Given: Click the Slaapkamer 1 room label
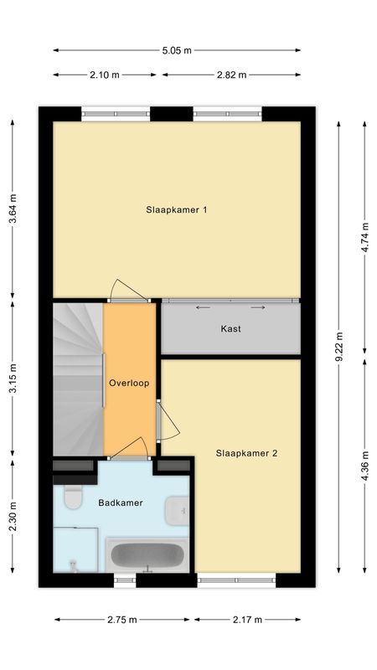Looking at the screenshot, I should click(x=176, y=210).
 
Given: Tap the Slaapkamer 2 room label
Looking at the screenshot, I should click(x=246, y=453).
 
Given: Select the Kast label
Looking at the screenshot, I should click(x=230, y=329).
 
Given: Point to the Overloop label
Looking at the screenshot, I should click(x=129, y=384).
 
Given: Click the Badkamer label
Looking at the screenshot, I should click(x=120, y=503).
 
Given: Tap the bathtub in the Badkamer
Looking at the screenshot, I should click(x=147, y=554).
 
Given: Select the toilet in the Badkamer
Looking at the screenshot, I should click(x=72, y=497).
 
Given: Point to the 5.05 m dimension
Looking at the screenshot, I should click(x=177, y=50).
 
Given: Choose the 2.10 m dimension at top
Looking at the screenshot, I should click(x=105, y=75).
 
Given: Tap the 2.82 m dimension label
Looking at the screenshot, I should click(x=231, y=75).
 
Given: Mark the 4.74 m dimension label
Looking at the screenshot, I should click(x=364, y=230).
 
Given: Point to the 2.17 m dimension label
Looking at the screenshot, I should click(x=247, y=620).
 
